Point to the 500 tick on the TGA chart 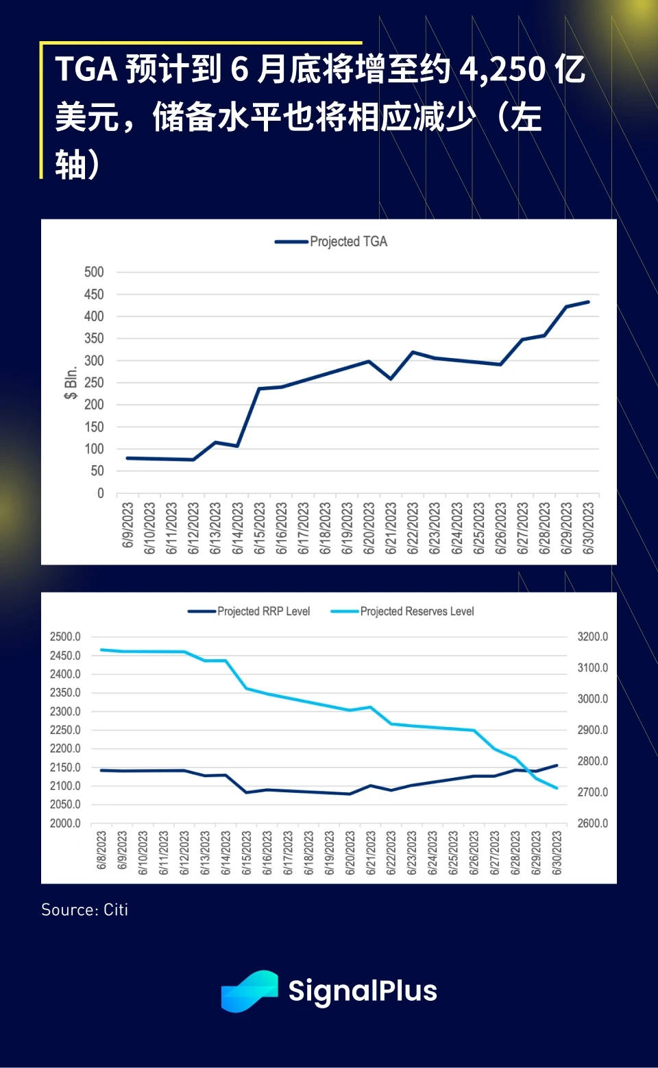[x=94, y=272]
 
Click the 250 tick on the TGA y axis [x=94, y=383]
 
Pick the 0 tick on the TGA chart [x=101, y=493]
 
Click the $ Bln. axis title [x=71, y=383]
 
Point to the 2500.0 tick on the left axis [x=65, y=637]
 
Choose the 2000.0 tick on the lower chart [x=65, y=823]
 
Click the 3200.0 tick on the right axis [x=592, y=637]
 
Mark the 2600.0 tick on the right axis [x=592, y=823]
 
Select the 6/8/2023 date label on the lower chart [x=101, y=851]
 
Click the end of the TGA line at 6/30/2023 [x=588, y=302]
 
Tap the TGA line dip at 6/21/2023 [x=391, y=379]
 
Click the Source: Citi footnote [x=85, y=910]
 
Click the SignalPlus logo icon [x=249, y=991]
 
